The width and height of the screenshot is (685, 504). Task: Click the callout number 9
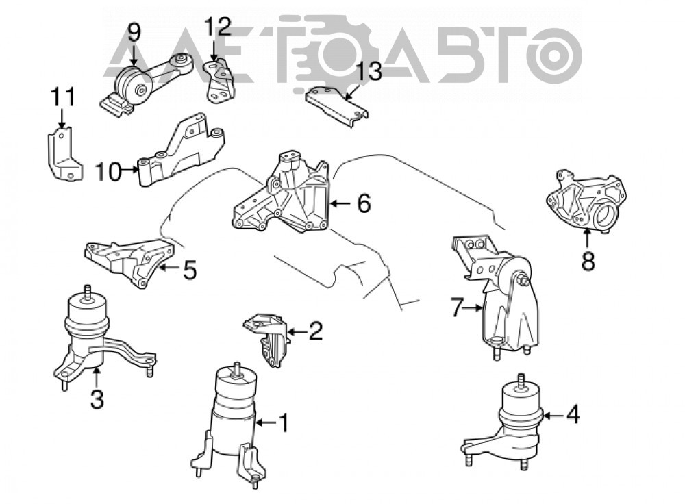pos(134,33)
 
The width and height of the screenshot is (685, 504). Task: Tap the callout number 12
pos(218,27)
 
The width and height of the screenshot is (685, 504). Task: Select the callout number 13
pos(369,71)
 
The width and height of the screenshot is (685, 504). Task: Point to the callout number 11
pos(63,97)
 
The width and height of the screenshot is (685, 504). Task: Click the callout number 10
pos(108,171)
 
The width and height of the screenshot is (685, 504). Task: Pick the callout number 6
pos(364,203)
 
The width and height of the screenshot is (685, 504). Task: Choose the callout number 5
pos(190,270)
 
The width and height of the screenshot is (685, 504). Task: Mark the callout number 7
pos(456,307)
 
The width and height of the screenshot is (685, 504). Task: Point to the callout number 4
pos(573,414)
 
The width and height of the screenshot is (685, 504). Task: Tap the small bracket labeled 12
pos(219,81)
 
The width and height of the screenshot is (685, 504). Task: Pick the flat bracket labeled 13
pos(336,107)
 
